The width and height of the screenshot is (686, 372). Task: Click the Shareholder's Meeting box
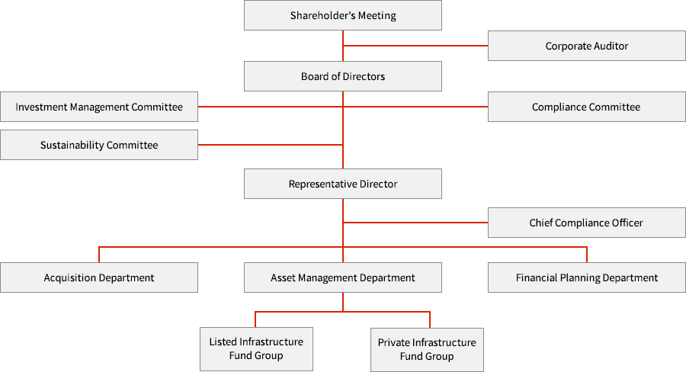pyautogui.click(x=342, y=15)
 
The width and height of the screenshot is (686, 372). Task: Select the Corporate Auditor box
pyautogui.click(x=586, y=46)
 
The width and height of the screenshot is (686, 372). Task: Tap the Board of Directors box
pyautogui.click(x=342, y=76)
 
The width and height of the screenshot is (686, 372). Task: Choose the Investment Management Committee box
pyautogui.click(x=99, y=107)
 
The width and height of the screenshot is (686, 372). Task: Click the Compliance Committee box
pyautogui.click(x=586, y=107)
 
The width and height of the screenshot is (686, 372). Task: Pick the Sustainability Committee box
pyautogui.click(x=99, y=145)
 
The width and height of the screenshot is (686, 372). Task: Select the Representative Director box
pyautogui.click(x=342, y=184)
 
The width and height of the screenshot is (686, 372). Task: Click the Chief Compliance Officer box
pyautogui.click(x=586, y=223)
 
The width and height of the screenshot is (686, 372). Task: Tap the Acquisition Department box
pyautogui.click(x=99, y=277)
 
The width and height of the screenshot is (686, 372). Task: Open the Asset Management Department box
pyautogui.click(x=342, y=277)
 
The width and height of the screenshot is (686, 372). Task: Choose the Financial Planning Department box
pyautogui.click(x=586, y=277)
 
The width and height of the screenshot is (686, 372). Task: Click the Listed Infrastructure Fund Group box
pyautogui.click(x=256, y=348)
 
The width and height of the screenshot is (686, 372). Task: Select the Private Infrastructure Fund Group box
pyautogui.click(x=427, y=349)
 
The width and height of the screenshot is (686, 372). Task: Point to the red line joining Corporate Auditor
pyautogui.click(x=415, y=46)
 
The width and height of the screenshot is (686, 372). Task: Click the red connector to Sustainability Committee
pyautogui.click(x=274, y=144)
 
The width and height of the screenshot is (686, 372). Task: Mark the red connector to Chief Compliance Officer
pyautogui.click(x=415, y=222)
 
